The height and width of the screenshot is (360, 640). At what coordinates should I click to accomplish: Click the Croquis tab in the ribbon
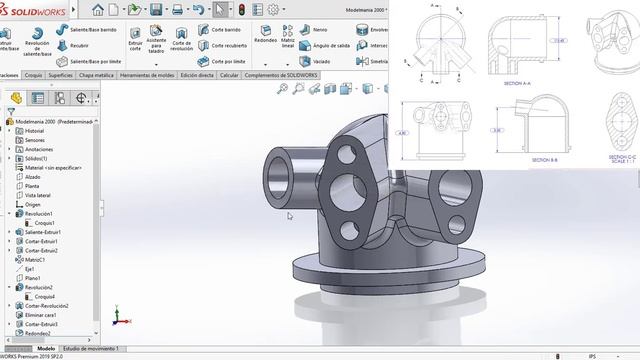33,74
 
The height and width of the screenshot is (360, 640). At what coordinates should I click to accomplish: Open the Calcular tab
229,74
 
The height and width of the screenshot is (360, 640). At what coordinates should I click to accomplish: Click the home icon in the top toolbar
98,10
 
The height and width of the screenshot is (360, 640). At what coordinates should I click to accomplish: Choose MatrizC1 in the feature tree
35,260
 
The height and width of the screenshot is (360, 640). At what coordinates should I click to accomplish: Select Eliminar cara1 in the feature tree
41,315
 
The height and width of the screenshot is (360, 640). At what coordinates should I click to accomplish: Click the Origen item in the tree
32,204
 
